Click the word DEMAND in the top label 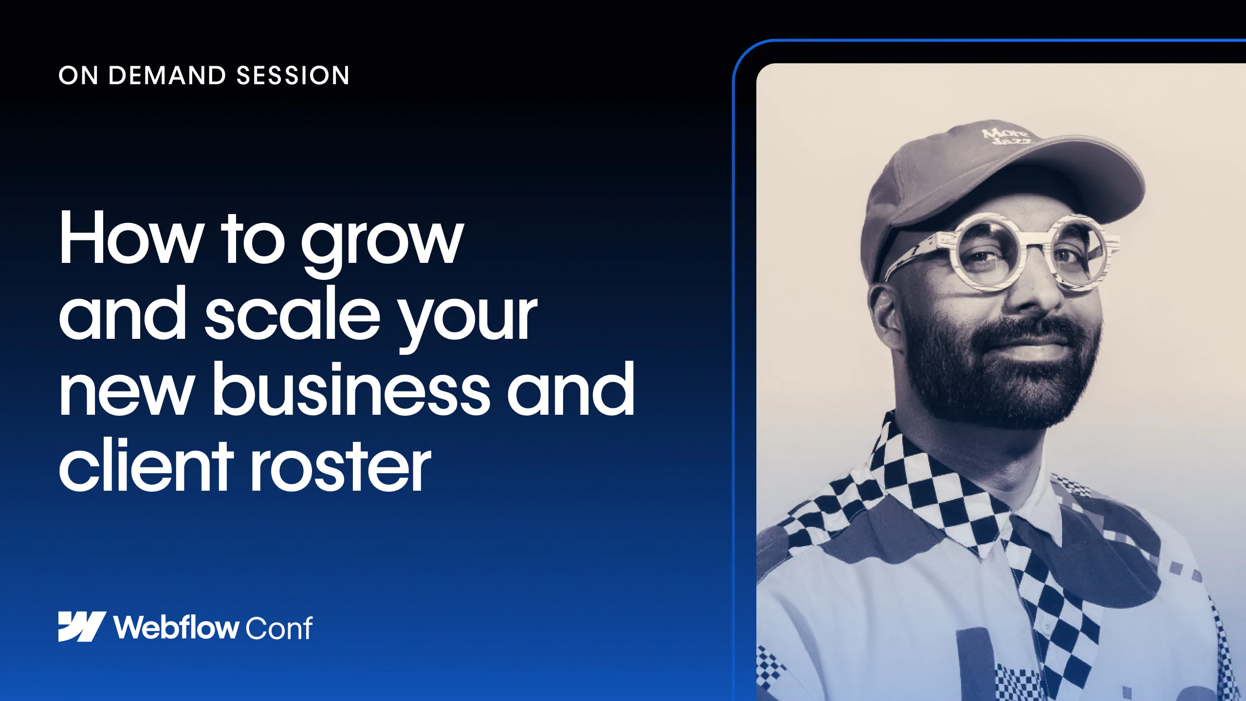pyautogui.click(x=167, y=75)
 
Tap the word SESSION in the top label pyautogui.click(x=293, y=75)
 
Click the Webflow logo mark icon pyautogui.click(x=82, y=627)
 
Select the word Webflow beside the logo pyautogui.click(x=176, y=627)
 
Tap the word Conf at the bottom pyautogui.click(x=279, y=628)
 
